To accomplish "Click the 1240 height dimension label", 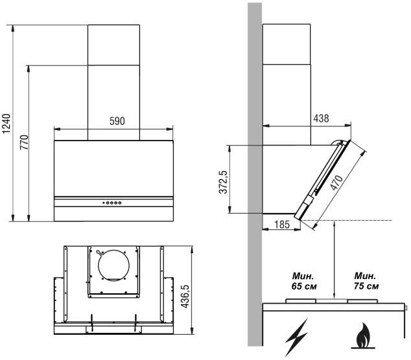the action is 6,124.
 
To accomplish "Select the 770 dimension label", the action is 25,142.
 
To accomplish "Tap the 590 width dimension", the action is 117,121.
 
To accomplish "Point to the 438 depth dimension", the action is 321,118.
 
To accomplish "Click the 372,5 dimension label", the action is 223,182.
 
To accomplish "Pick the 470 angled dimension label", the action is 336,182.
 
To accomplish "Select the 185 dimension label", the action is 282,225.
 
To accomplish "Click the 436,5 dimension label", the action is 185,297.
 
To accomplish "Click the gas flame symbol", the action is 363,336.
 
